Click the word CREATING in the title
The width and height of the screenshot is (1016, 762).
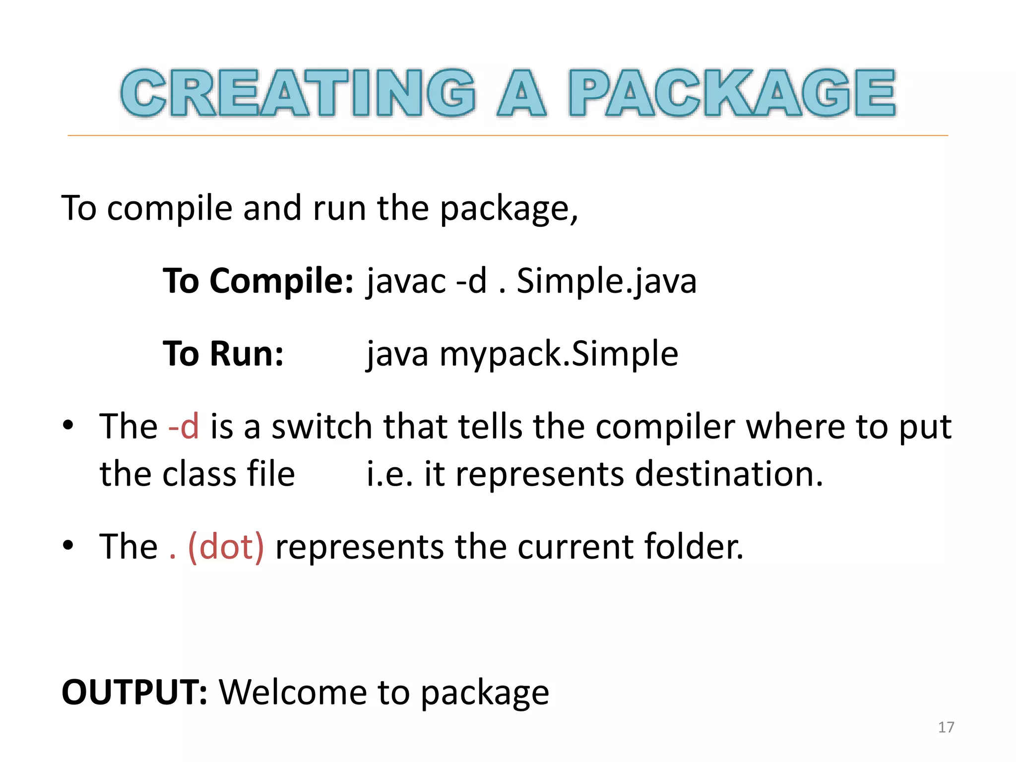298,93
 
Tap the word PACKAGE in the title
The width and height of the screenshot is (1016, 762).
732,93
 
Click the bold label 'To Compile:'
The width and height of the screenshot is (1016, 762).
258,281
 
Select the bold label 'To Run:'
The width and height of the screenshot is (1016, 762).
223,354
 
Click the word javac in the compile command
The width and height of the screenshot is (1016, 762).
406,281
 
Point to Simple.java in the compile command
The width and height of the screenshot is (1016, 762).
606,281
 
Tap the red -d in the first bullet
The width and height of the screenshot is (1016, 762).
184,426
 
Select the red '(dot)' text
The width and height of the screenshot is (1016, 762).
226,547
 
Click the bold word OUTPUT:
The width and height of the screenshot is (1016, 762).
134,692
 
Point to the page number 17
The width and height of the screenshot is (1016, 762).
946,727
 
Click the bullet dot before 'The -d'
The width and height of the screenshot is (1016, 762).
68,425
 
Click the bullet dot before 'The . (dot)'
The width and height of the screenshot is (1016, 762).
68,545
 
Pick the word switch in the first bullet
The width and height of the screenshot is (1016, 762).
321,426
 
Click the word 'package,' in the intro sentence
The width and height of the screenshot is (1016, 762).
509,209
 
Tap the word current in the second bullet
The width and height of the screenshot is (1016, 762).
575,547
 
